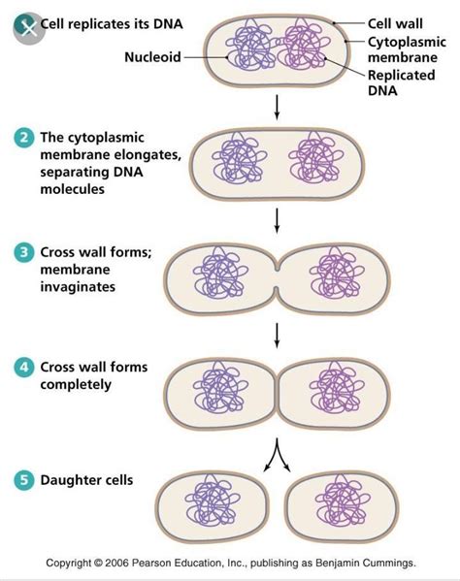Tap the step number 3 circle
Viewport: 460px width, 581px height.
[x=23, y=253]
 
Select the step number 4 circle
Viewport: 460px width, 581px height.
[x=23, y=368]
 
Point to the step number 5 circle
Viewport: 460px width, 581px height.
[x=23, y=479]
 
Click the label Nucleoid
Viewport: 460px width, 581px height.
[x=152, y=56]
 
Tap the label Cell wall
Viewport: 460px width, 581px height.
[x=392, y=23]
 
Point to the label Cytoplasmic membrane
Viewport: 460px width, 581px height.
[x=405, y=50]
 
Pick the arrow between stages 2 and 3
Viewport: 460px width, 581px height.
[x=278, y=221]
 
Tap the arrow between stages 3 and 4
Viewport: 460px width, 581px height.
[x=278, y=335]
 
